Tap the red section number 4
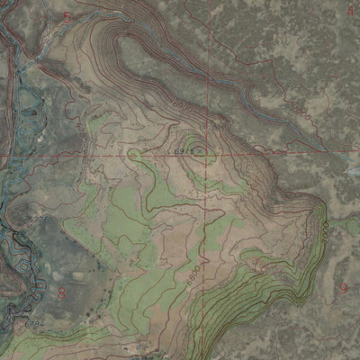tap(350, 10)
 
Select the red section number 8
tap(62, 292)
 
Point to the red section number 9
tap(344, 288)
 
